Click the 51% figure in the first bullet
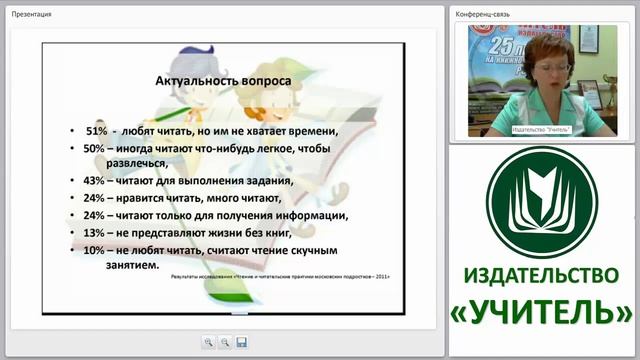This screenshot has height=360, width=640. click(97, 131)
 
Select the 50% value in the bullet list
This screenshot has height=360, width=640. click(95, 148)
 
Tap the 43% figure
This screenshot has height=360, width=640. click(95, 181)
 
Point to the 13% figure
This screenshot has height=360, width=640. click(95, 232)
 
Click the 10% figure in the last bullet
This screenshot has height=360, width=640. click(95, 249)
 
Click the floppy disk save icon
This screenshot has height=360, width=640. click(241, 342)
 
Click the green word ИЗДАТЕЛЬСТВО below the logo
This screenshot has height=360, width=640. click(543, 275)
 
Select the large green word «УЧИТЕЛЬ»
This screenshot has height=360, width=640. click(543, 311)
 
